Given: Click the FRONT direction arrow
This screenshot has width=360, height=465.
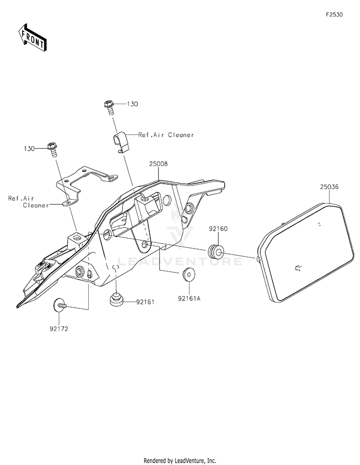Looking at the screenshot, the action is (32, 37).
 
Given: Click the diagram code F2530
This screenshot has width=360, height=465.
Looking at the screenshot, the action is (334, 15).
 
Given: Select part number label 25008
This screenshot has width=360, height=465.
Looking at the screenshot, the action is (158, 164).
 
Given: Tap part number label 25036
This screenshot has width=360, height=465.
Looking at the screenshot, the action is (329, 187).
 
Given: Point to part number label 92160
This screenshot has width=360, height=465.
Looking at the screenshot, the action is (218, 228).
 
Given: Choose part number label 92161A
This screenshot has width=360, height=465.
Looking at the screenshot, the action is (189, 298).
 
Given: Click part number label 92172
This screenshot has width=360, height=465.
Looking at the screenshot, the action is (59, 329).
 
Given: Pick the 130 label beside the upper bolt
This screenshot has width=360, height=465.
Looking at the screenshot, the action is (132, 104).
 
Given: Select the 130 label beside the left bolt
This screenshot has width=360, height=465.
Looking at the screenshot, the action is (29, 149).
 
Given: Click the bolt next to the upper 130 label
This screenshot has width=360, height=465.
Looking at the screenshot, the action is (109, 108).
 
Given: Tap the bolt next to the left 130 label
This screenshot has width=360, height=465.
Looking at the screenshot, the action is (52, 150).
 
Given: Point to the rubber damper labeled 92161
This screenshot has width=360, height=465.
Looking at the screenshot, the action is (116, 299).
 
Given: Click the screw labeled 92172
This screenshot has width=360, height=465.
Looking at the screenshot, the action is (60, 305).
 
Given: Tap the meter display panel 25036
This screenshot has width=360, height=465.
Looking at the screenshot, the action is (306, 252).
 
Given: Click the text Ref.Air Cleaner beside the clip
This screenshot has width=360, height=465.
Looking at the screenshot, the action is (166, 135).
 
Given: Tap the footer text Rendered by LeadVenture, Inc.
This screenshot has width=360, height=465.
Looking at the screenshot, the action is (180, 461).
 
